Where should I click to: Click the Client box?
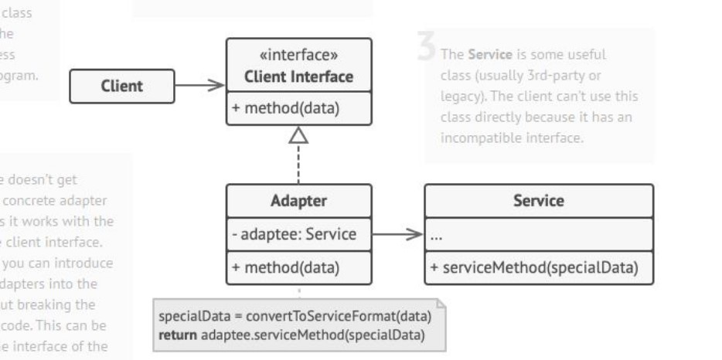(x=121, y=86)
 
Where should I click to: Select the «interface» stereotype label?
(x=298, y=56)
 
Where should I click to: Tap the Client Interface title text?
(x=298, y=76)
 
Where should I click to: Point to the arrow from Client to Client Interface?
(x=199, y=86)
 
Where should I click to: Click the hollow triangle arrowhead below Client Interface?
(x=298, y=136)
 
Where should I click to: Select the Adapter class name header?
(x=298, y=201)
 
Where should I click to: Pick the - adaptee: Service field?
(x=293, y=233)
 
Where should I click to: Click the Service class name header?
(x=538, y=201)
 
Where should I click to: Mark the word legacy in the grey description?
(x=461, y=96)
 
